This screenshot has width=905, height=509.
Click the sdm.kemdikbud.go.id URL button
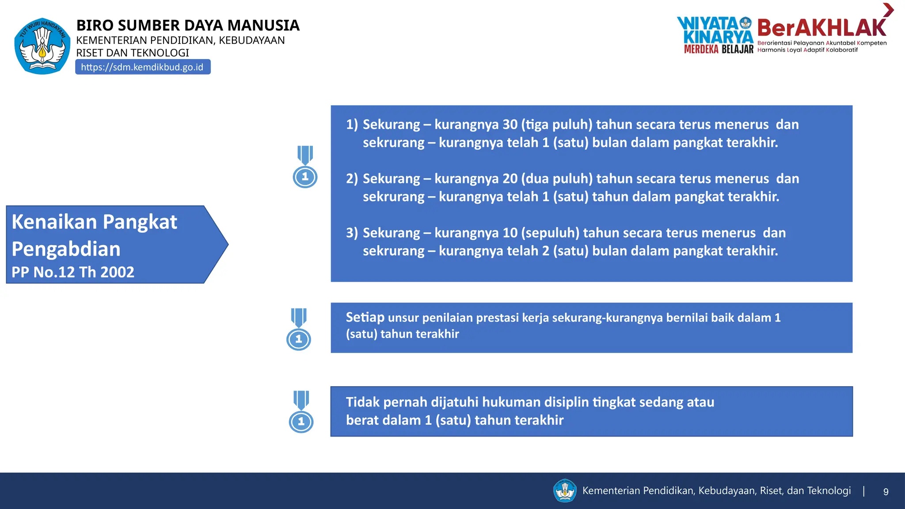tap(142, 67)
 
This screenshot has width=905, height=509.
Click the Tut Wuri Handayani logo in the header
tap(42, 46)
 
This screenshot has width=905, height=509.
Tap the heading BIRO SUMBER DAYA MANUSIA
tap(188, 26)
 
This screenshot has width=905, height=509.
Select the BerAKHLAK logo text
tap(821, 28)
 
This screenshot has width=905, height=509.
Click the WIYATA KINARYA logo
tap(715, 30)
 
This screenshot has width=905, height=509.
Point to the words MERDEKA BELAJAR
tap(719, 49)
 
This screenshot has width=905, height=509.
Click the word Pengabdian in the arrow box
tap(66, 249)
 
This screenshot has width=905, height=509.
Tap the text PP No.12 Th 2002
tap(73, 272)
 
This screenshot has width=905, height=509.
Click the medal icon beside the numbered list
tap(305, 167)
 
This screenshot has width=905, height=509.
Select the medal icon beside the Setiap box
tap(299, 329)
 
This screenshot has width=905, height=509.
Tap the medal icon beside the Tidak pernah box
tap(301, 411)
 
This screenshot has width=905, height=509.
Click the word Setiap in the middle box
tap(365, 317)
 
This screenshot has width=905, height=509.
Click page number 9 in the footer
tap(886, 492)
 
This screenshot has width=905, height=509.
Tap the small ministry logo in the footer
tap(565, 491)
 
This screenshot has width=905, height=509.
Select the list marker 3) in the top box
tap(352, 233)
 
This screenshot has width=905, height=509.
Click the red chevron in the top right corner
tap(888, 10)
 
